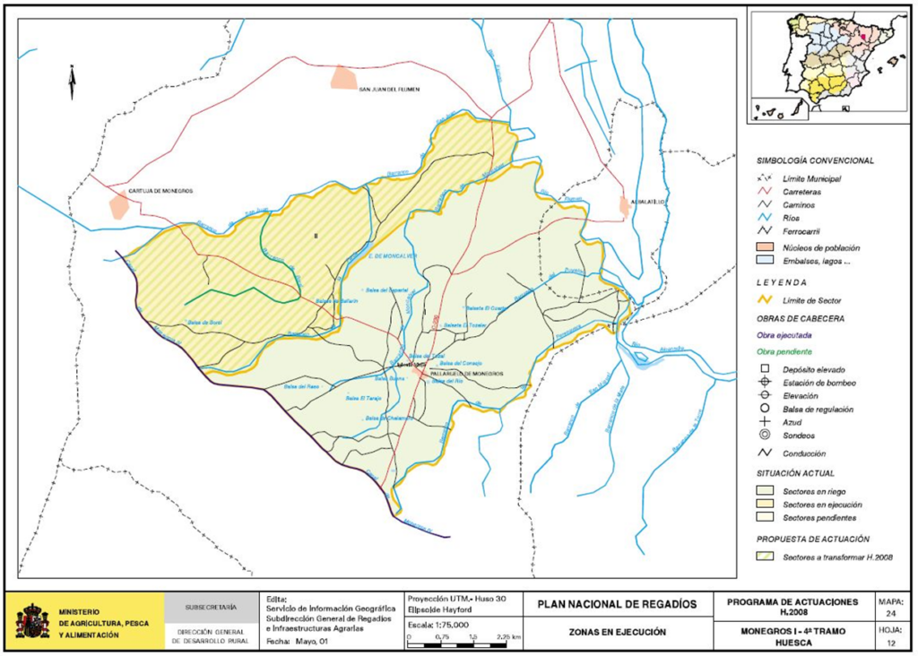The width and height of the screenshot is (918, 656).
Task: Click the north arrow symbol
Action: (72, 82)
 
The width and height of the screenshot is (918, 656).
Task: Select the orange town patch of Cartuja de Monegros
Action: (118, 207)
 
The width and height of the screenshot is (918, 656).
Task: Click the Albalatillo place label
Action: (645, 203)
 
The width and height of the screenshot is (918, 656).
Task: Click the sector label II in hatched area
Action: (315, 236)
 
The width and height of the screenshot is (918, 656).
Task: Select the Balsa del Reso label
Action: (301, 386)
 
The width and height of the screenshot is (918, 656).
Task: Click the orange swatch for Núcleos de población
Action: (765, 246)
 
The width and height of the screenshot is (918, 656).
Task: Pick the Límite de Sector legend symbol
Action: (765, 299)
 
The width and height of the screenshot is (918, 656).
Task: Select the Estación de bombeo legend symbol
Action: (765, 383)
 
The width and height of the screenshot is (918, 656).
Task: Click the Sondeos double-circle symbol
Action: (765, 436)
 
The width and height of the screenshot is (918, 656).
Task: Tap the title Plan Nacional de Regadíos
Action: (617, 605)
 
